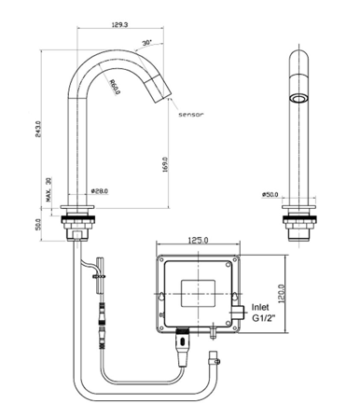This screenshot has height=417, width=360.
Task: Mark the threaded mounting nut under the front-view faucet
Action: tap(299, 224)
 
